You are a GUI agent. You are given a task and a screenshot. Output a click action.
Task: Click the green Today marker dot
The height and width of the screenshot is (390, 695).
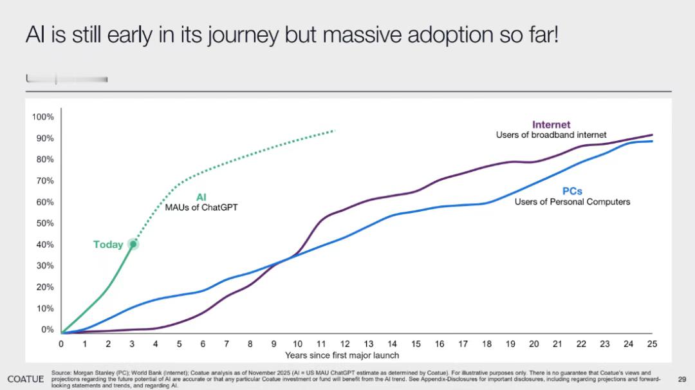[x=133, y=244]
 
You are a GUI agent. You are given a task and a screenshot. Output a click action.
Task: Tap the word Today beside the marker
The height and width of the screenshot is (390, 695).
[x=108, y=245]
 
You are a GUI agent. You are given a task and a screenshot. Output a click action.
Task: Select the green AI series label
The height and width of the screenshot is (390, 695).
[x=201, y=198]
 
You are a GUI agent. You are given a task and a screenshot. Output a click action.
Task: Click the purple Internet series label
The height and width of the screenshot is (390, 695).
[x=551, y=124]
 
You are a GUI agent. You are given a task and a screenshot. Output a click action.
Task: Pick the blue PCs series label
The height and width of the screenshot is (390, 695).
[x=572, y=191]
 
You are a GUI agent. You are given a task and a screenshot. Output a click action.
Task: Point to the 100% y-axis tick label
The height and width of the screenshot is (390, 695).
[x=42, y=117]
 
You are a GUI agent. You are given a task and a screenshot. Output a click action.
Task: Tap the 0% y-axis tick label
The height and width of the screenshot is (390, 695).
[x=47, y=330]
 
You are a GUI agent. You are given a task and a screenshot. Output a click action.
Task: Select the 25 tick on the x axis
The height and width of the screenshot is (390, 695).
[x=652, y=344]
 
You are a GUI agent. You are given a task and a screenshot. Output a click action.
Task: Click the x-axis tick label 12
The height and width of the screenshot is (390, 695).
[x=345, y=344]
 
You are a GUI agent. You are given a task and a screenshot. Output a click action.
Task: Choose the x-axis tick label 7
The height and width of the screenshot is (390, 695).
[x=227, y=344]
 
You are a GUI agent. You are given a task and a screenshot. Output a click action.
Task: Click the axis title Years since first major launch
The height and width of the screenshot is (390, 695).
[x=342, y=355]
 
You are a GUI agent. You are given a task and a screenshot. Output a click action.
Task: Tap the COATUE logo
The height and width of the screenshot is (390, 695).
[x=25, y=378]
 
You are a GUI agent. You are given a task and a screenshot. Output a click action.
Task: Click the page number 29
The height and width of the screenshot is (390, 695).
[x=682, y=379]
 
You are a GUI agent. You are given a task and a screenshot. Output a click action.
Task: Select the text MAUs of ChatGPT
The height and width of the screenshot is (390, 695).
[x=201, y=207]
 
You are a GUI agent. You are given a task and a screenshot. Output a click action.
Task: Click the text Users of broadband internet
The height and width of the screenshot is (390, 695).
[x=551, y=135]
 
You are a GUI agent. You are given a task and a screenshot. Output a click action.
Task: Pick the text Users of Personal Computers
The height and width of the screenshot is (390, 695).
[x=572, y=201]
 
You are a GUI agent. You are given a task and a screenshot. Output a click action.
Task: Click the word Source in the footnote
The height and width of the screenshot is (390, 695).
[x=61, y=373]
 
